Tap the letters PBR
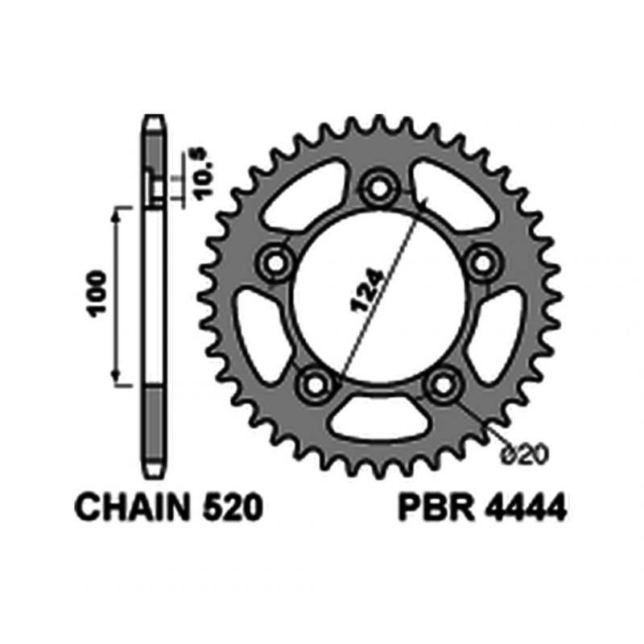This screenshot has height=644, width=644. point(431,509)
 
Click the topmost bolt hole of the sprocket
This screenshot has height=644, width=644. point(376,189)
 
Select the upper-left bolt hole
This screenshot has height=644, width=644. point(276,261)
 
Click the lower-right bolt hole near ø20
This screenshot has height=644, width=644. point(440,385)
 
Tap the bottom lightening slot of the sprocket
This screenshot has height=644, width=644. point(377,416)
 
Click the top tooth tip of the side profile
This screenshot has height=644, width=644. point(155,121)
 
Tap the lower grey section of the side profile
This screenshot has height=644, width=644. point(155,427)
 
